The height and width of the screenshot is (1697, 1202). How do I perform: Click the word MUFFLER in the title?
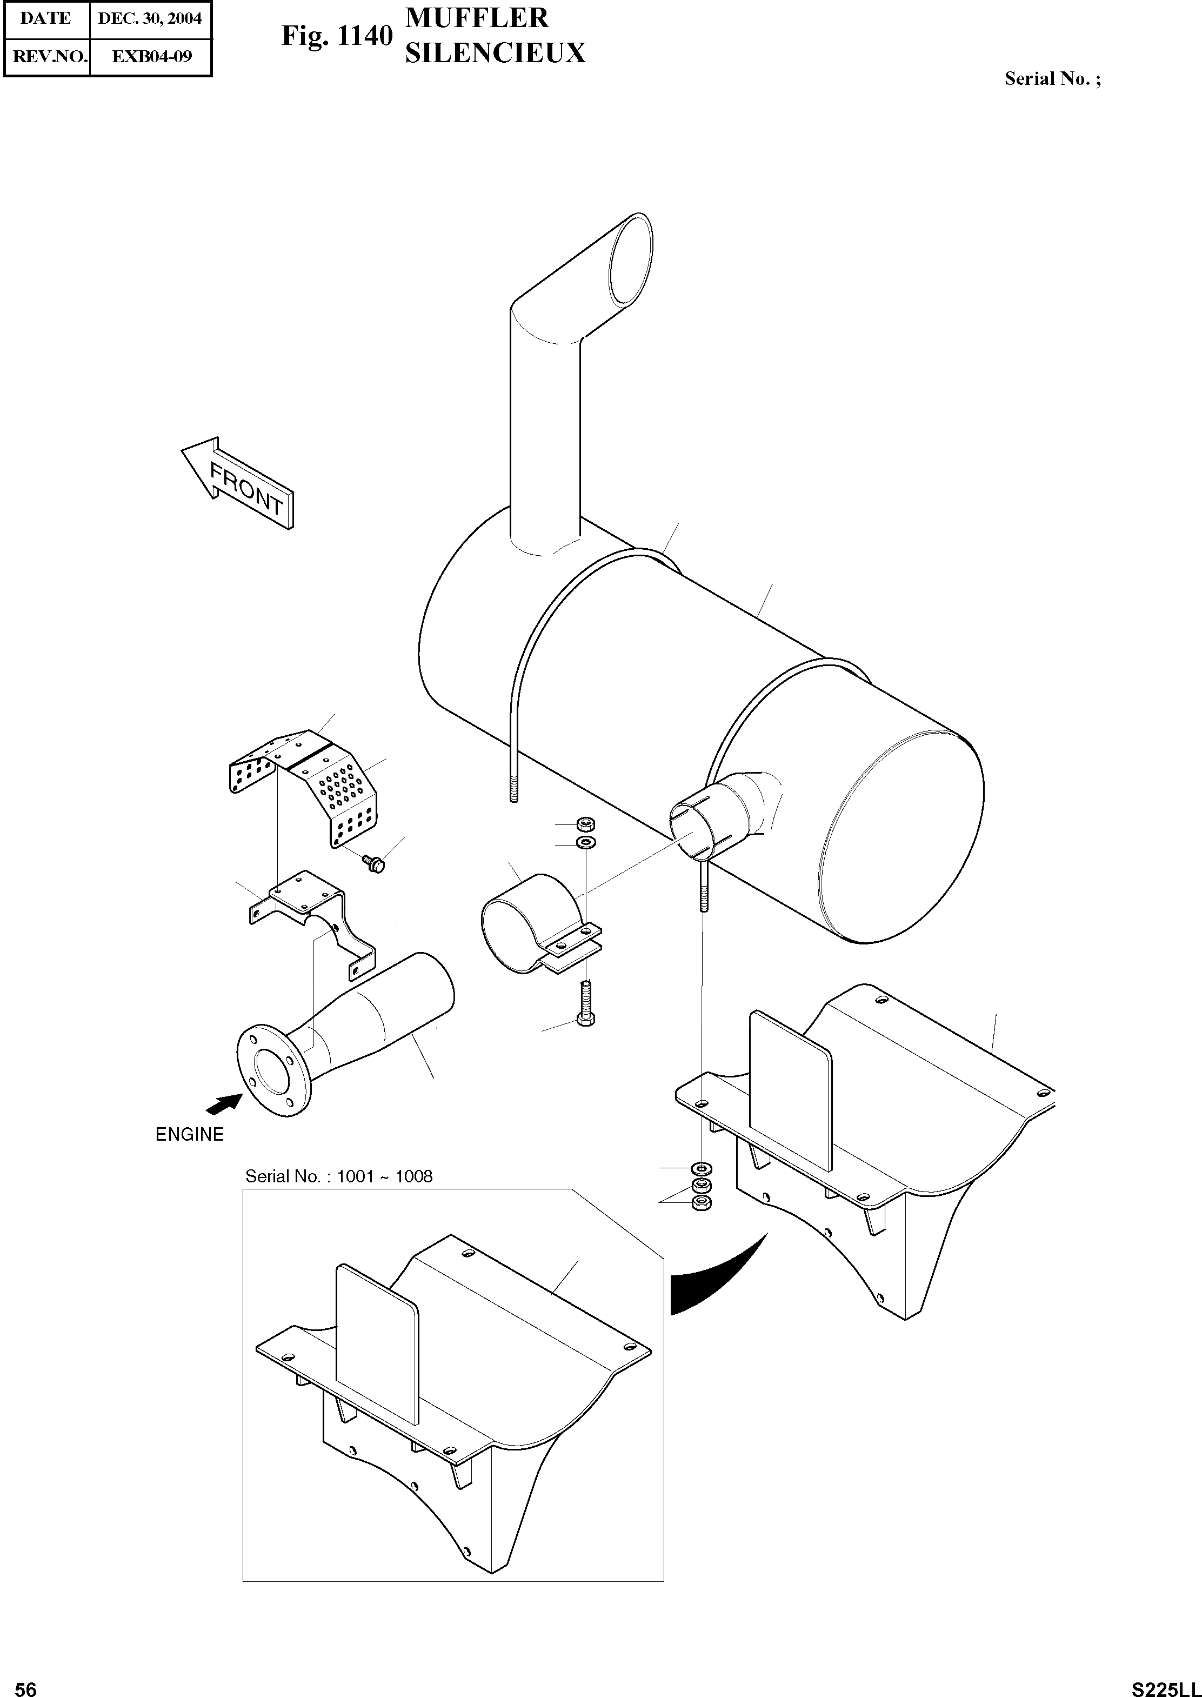point(477,18)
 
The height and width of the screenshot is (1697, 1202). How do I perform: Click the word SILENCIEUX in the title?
point(495,54)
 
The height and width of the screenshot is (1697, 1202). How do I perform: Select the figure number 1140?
point(363,36)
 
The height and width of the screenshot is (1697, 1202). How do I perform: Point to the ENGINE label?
point(190,1134)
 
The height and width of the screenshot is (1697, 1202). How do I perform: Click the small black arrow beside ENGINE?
point(224,1104)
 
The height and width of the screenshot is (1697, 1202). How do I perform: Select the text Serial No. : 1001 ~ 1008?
point(339,1176)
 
